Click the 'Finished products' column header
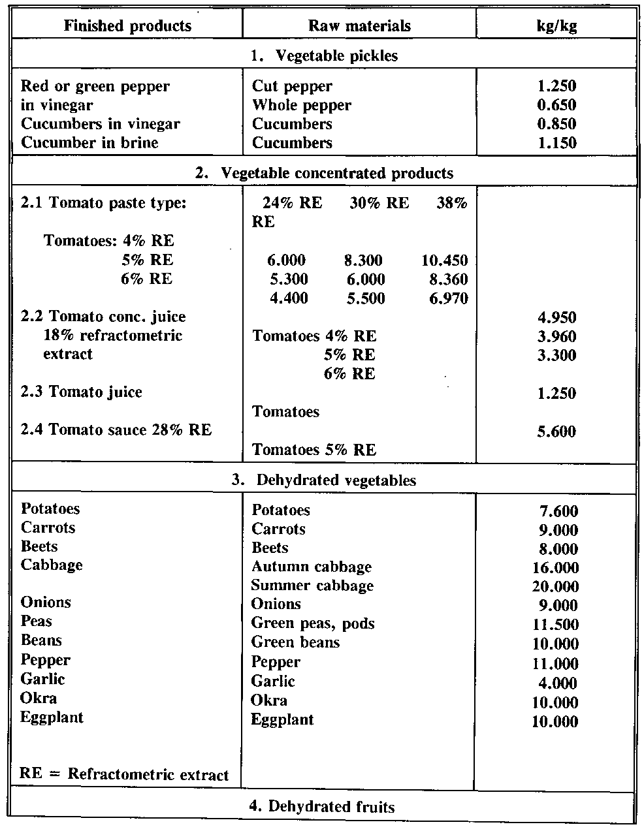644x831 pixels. tap(127, 26)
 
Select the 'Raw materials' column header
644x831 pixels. tap(359, 26)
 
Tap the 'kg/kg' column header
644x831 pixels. tap(555, 26)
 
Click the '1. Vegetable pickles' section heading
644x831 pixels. tap(324, 55)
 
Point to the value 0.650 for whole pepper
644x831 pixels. tap(555, 105)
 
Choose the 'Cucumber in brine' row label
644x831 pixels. tap(89, 143)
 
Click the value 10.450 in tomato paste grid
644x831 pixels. tap(445, 261)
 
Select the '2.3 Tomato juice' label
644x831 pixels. tap(82, 392)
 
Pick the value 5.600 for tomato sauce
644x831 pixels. tap(556, 431)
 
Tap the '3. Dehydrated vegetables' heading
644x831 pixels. tap(324, 480)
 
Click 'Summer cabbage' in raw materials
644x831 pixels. tap(312, 586)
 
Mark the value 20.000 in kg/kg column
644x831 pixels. tap(555, 587)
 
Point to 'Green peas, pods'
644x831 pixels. tap(313, 623)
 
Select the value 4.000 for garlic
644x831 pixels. tap(560, 683)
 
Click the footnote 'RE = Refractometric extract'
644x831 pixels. tap(124, 775)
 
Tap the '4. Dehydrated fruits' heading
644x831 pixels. tap(322, 807)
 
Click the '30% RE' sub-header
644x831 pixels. tap(379, 203)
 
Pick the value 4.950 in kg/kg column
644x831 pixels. tap(556, 318)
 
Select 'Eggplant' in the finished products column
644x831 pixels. tap(52, 717)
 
